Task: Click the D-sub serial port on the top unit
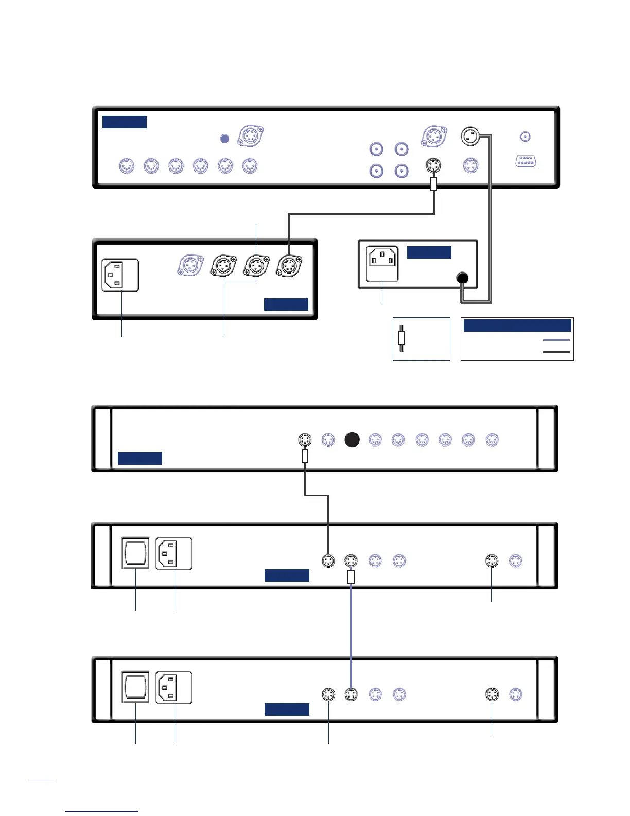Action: [526, 161]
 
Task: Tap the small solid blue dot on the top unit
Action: [224, 139]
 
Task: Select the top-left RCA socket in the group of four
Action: [377, 149]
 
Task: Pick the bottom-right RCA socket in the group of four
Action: [401, 171]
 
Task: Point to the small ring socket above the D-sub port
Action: [525, 137]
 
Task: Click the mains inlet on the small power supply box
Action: [382, 264]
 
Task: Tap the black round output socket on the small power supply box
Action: [463, 278]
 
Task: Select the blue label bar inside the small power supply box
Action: [429, 252]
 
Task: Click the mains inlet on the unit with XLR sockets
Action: [120, 275]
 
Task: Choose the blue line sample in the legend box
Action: [556, 340]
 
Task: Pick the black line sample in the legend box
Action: [556, 352]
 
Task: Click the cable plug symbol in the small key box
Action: [402, 338]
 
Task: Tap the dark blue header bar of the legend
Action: [517, 326]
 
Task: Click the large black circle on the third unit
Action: [352, 440]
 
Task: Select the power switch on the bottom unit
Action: [135, 687]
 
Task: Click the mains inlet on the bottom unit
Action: [174, 687]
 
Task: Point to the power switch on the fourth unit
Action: [135, 553]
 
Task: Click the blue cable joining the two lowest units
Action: [351, 634]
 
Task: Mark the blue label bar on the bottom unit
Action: [287, 709]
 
